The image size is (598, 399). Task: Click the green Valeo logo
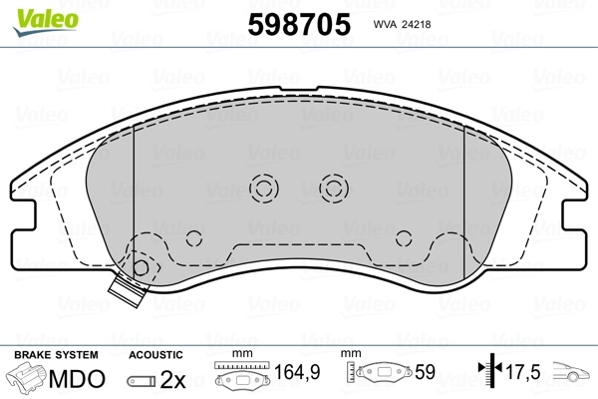[46, 22]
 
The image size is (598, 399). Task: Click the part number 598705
[299, 24]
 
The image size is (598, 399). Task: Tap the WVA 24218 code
[402, 24]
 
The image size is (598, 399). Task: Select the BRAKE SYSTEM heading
[56, 355]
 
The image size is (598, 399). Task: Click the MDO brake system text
[77, 379]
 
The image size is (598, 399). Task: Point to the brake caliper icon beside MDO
[26, 377]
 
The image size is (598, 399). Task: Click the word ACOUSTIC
[155, 355]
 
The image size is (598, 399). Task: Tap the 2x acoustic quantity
[172, 379]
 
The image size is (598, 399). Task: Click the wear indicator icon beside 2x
[142, 381]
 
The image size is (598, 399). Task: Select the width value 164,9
[297, 372]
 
